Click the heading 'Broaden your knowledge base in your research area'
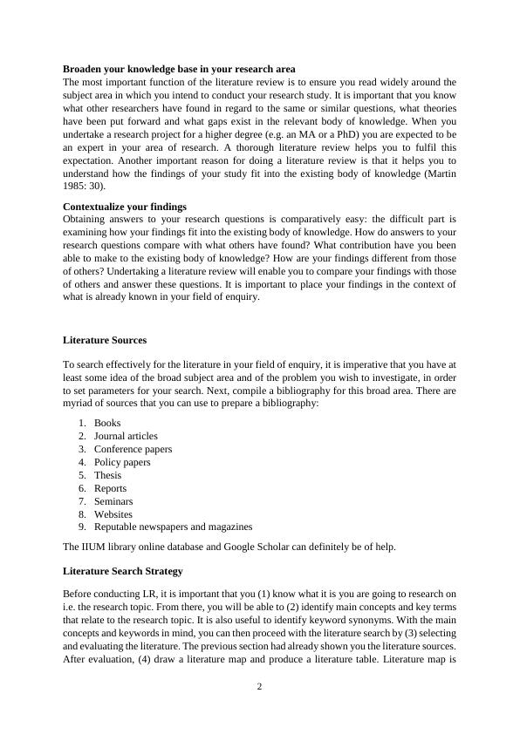(179, 68)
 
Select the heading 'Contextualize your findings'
(125, 207)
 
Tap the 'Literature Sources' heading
(105, 340)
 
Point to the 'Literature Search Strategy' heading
(123, 571)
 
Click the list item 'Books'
(107, 423)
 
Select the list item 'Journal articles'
(126, 436)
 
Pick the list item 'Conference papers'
(133, 449)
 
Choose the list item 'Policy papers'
(122, 462)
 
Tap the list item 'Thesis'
(107, 475)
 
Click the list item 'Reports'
(110, 488)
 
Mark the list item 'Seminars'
(113, 501)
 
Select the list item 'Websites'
(113, 514)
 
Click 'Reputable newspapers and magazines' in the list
(173, 527)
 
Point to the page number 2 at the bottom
(259, 687)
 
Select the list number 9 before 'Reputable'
(82, 527)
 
